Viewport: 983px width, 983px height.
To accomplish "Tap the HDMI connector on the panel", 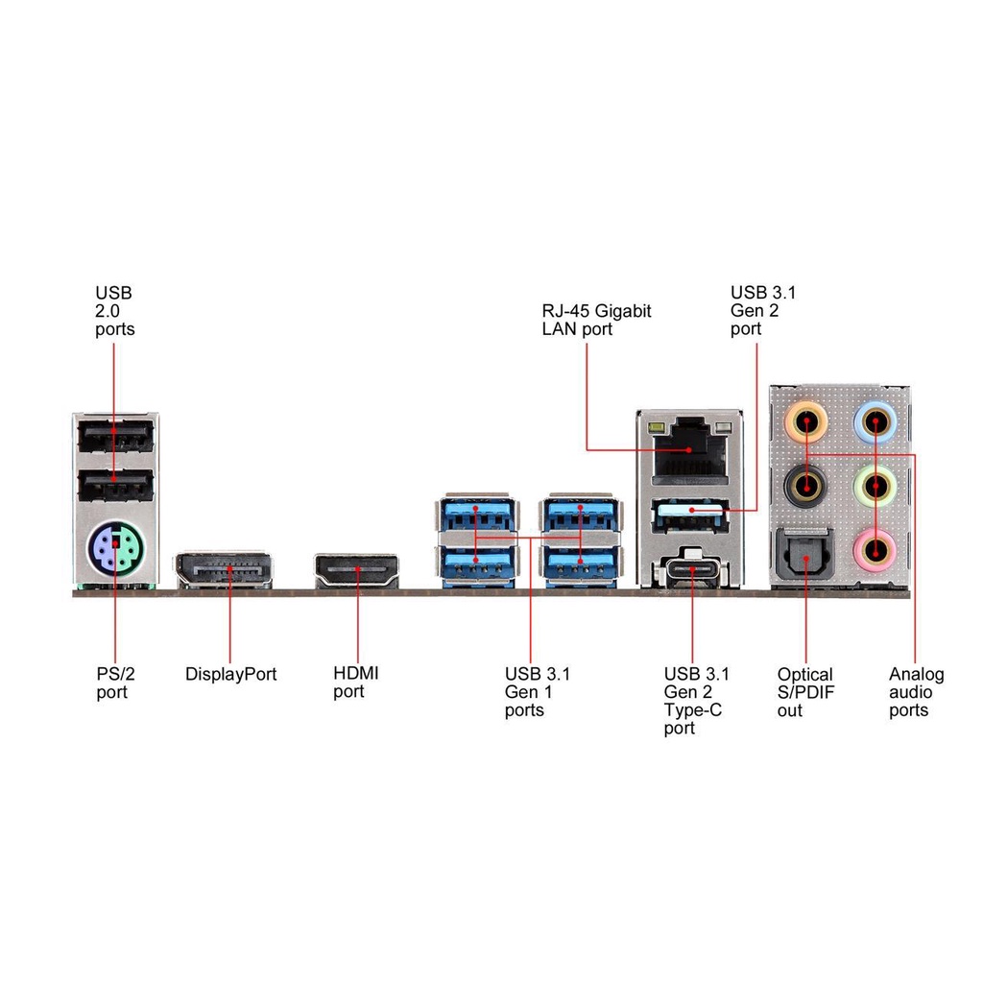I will coord(356,571).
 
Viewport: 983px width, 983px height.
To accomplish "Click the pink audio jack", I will coord(875,550).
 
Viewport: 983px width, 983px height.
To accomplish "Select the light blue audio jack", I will coord(875,420).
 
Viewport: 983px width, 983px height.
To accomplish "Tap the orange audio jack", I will coord(807,420).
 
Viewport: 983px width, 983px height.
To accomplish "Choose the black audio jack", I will coord(807,485).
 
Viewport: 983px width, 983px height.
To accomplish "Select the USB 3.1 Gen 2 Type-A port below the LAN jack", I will coord(691,517).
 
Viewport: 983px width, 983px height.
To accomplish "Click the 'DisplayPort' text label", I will coord(230,675).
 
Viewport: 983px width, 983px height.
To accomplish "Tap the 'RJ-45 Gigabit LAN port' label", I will coord(596,320).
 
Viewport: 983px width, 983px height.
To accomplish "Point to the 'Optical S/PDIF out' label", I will coord(804,692).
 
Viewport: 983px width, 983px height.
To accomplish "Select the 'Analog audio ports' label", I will coord(916,692).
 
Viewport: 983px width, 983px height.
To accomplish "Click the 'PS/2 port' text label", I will coord(112,683).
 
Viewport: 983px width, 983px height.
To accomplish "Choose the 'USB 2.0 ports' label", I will coord(114,310).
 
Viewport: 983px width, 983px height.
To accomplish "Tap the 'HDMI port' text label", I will coord(355,683).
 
